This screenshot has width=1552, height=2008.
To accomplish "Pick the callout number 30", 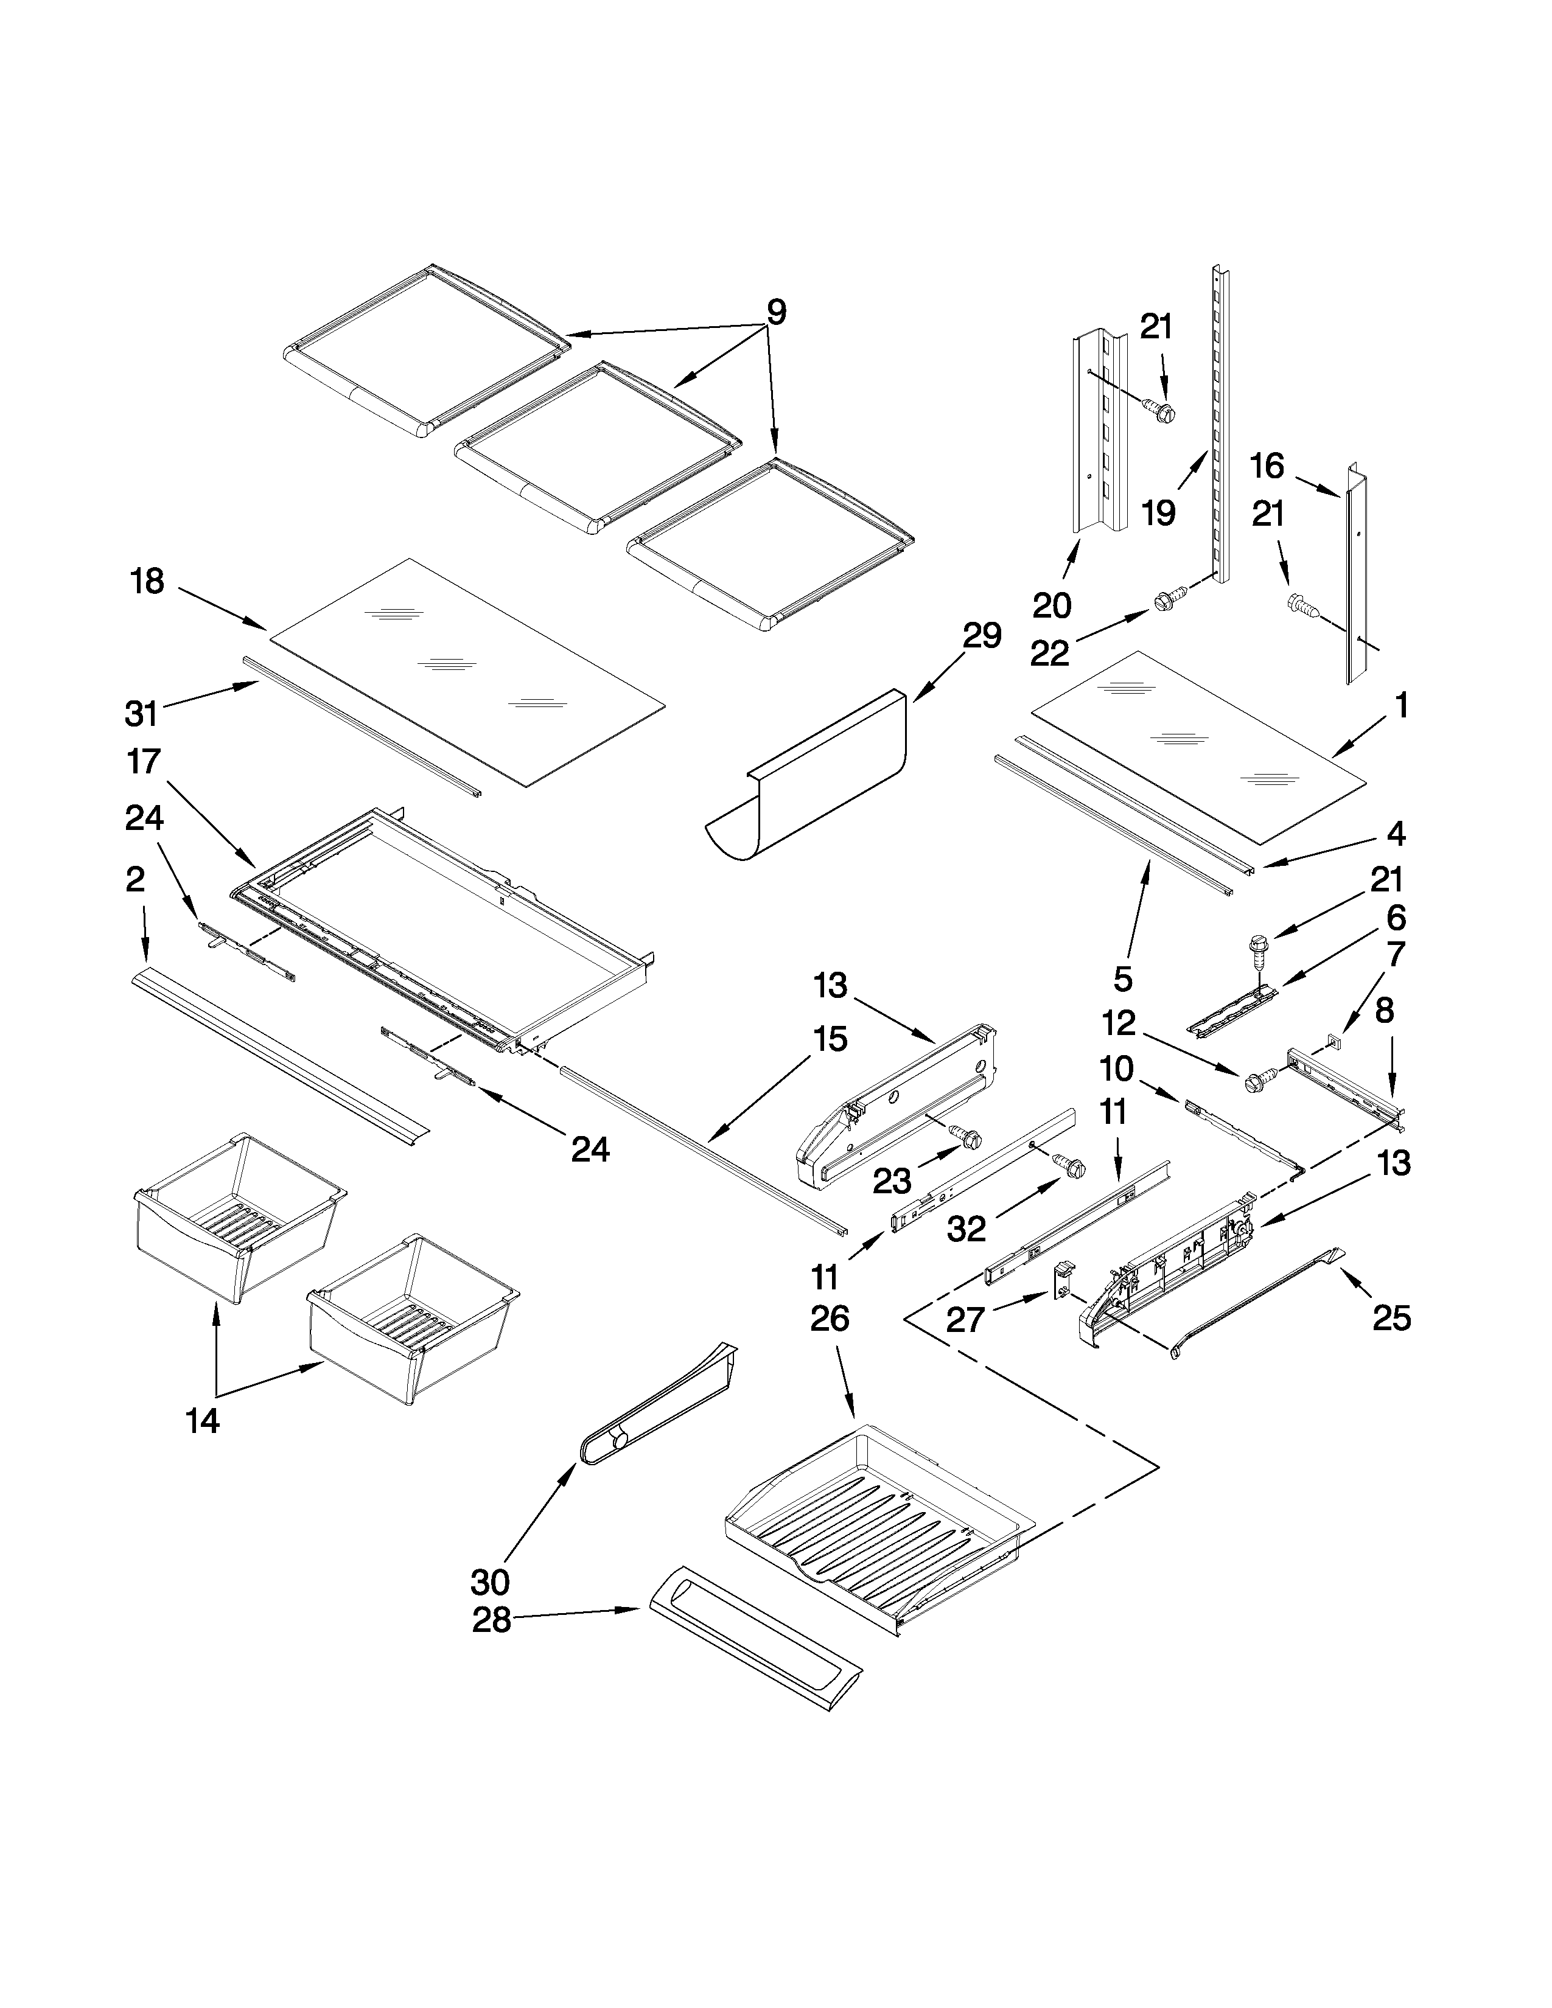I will click(489, 1582).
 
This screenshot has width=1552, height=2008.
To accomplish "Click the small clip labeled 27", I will click(1062, 1281).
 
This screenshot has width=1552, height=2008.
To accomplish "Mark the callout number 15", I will click(830, 1040).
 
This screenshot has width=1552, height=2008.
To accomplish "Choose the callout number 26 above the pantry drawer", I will click(830, 1319).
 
